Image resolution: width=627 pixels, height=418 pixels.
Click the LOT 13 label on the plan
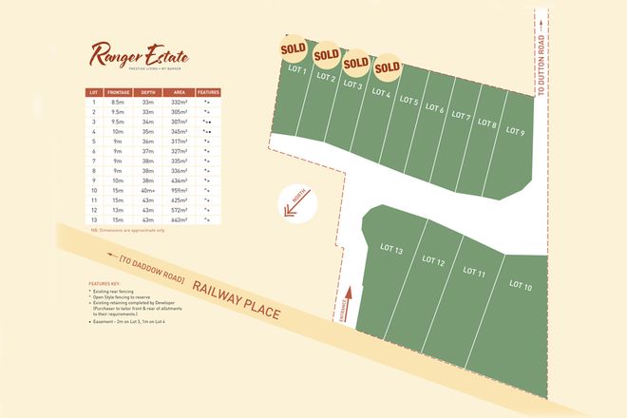[x=392, y=251]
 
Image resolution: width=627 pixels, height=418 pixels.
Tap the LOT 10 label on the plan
[x=521, y=284]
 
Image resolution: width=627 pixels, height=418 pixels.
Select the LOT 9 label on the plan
[x=516, y=130]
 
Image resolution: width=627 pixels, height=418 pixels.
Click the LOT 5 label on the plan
[x=409, y=100]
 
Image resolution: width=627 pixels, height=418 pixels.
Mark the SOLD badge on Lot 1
[x=293, y=47]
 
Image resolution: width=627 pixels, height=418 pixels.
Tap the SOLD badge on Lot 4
[x=387, y=68]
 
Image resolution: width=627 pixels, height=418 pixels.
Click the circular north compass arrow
[x=292, y=207]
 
